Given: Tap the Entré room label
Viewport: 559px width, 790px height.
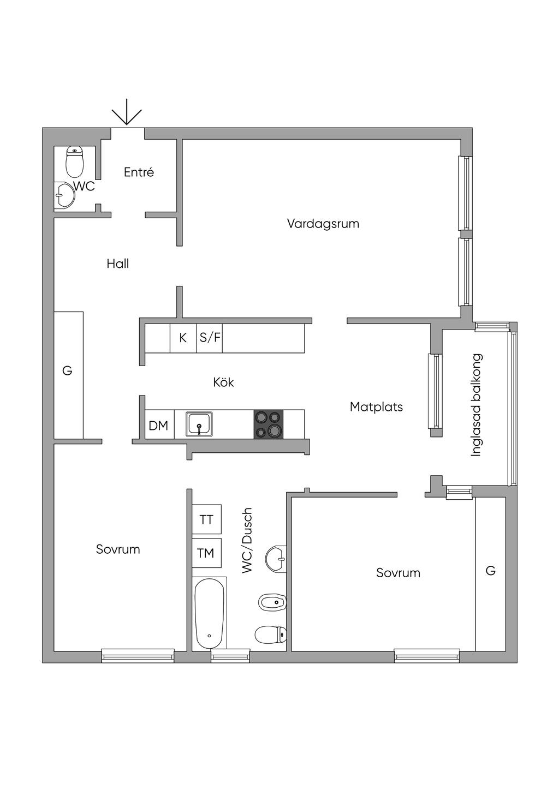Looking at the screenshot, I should pyautogui.click(x=139, y=172).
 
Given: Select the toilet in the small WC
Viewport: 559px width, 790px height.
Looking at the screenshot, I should pyautogui.click(x=74, y=161).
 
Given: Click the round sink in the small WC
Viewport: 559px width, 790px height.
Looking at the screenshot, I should pyautogui.click(x=66, y=195).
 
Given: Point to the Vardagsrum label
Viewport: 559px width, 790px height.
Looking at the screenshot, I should pyautogui.click(x=323, y=224).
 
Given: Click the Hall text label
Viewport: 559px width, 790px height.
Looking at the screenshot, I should pyautogui.click(x=118, y=264).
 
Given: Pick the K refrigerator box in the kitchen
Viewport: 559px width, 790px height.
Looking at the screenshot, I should pyautogui.click(x=183, y=338).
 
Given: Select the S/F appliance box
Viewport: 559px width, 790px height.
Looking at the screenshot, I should pyautogui.click(x=210, y=338).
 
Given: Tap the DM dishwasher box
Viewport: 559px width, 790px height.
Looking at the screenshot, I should pyautogui.click(x=159, y=426).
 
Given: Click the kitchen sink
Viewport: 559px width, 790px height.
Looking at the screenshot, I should pyautogui.click(x=200, y=424).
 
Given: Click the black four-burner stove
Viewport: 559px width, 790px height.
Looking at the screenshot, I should pyautogui.click(x=269, y=424).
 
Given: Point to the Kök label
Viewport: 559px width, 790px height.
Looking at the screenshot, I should pyautogui.click(x=223, y=382).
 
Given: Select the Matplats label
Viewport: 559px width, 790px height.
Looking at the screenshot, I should pyautogui.click(x=376, y=407).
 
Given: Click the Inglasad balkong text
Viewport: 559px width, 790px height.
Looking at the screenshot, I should pyautogui.click(x=477, y=405).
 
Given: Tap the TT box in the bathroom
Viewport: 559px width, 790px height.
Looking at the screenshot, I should pyautogui.click(x=206, y=519).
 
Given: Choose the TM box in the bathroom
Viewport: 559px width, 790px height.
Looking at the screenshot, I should pyautogui.click(x=206, y=554).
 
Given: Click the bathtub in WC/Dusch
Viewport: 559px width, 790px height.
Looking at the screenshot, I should pyautogui.click(x=209, y=614).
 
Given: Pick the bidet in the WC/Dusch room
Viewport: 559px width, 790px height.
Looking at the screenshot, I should pyautogui.click(x=272, y=603).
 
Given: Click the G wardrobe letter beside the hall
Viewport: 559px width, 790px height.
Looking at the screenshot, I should pyautogui.click(x=67, y=371).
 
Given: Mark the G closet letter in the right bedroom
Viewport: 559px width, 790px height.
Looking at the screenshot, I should pyautogui.click(x=491, y=571).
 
